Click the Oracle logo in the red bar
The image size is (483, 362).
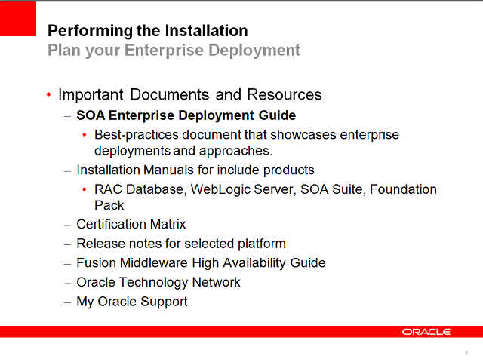click(x=426, y=332)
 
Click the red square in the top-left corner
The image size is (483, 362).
click(x=18, y=18)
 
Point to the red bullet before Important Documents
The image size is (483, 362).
click(x=49, y=95)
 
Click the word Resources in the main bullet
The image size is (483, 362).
click(x=286, y=94)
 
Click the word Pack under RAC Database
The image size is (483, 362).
click(x=109, y=205)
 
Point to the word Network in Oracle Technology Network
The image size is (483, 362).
click(x=217, y=282)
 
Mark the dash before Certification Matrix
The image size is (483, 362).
click(x=67, y=224)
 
